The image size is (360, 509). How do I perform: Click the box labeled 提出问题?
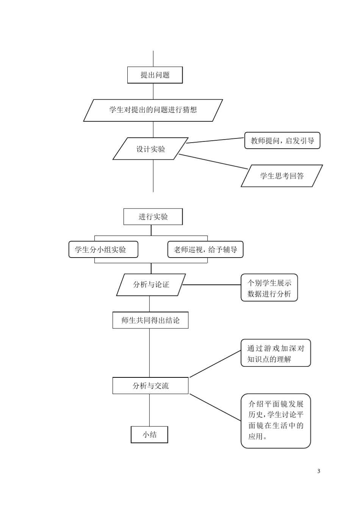point(155,75)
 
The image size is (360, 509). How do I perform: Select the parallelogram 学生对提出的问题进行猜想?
point(153,110)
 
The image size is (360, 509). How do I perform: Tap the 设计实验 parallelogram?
point(151,149)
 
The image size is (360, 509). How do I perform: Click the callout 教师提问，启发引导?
point(282,141)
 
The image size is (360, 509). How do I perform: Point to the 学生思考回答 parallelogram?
point(282,176)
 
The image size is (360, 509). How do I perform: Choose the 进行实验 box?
point(153,217)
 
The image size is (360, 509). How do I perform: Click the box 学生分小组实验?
point(103,250)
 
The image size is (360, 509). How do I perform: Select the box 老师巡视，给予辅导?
point(205,250)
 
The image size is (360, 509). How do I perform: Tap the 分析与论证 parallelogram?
point(151,284)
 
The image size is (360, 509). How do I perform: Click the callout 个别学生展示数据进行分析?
point(269,288)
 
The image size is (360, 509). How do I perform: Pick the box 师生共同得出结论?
point(150,320)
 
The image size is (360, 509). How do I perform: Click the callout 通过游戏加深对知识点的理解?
point(275,353)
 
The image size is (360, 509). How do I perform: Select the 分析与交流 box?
point(150,386)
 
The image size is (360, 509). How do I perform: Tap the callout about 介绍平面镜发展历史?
point(275,420)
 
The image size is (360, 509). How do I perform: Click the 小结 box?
point(149,435)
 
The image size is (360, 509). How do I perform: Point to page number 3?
point(319,471)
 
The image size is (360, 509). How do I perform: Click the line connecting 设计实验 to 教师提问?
point(216,140)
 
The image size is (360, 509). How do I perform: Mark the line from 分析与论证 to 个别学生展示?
point(212,284)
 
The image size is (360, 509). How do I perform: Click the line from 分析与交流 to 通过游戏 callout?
point(215,364)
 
